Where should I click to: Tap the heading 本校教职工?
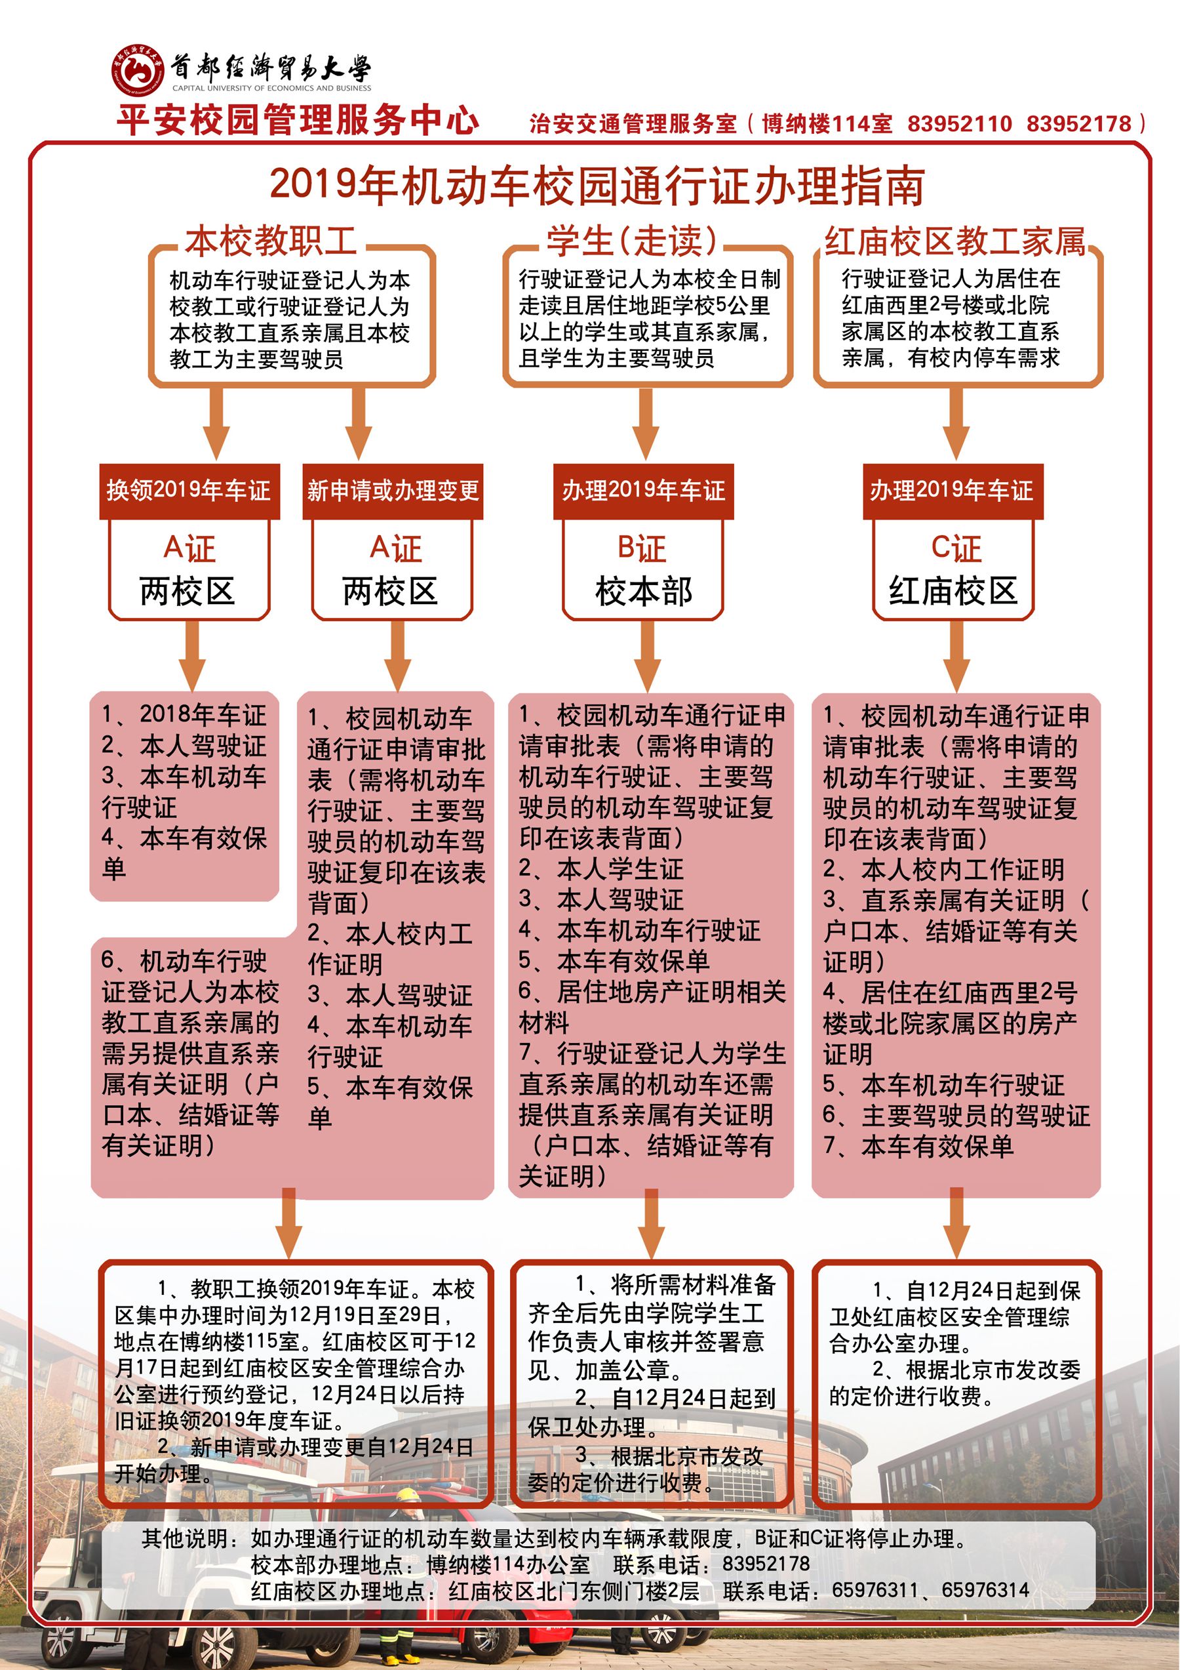271,241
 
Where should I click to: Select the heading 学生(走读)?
632,241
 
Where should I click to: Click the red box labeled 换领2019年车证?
189,491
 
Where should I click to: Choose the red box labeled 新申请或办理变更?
393,491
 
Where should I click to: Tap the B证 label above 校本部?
642,548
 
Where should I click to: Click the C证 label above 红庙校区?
955,548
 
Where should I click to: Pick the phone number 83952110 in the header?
959,124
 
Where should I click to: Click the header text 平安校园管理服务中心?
298,120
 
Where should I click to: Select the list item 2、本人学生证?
600,868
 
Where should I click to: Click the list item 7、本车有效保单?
918,1147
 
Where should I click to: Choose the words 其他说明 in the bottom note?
185,1538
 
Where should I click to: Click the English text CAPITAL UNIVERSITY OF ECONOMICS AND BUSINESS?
271,88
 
